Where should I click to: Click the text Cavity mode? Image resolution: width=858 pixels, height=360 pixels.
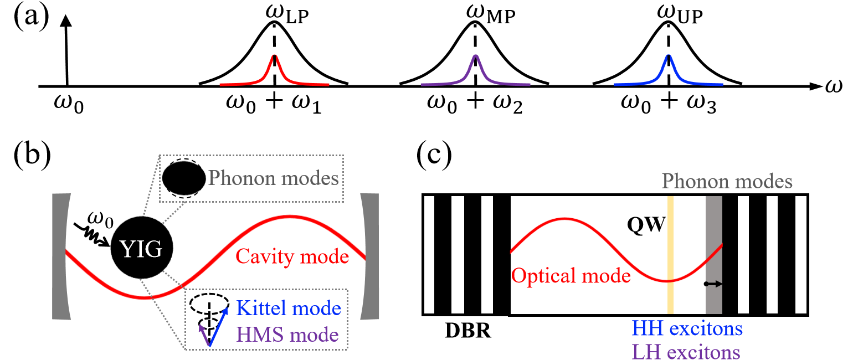click(x=292, y=256)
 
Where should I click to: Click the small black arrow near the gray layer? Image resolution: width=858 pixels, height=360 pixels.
click(x=713, y=284)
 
